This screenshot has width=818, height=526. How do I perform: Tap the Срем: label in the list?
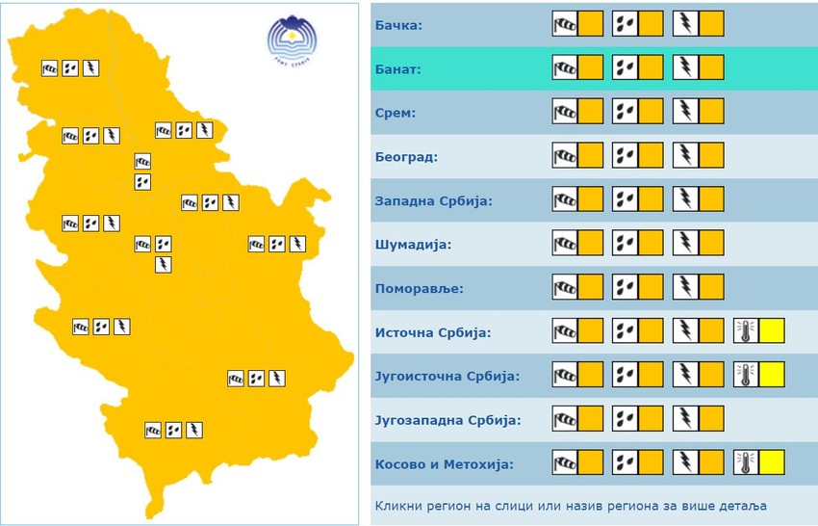[395, 114]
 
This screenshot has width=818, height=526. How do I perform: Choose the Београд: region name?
[406, 157]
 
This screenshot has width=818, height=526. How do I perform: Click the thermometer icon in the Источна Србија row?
[746, 331]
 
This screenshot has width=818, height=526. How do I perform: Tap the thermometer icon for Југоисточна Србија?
[746, 375]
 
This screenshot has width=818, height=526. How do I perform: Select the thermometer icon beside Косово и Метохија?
[746, 462]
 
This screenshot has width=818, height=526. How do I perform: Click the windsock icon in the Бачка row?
[565, 24]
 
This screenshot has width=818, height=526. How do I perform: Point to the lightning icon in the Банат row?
[685, 67]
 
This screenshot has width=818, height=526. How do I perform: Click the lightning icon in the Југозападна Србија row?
[685, 418]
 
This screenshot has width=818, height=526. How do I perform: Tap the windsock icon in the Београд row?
[565, 155]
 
